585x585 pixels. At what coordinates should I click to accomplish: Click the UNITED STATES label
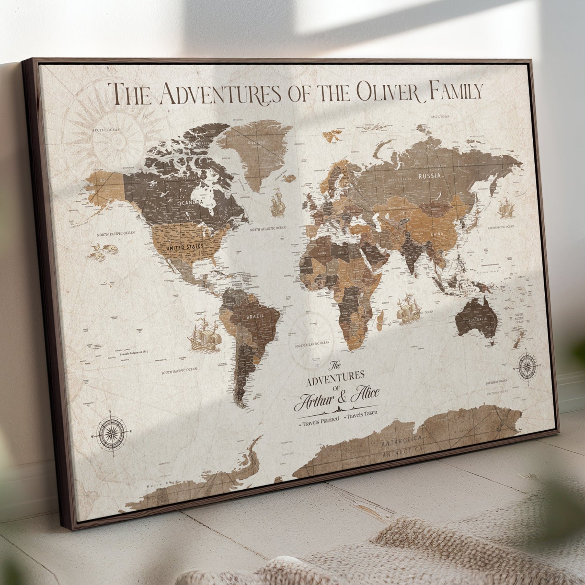click(185, 247)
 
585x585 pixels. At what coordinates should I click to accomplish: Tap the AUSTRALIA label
click(478, 319)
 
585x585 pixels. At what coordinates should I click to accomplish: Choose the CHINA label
click(436, 233)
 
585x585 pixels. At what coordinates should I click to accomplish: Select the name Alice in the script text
click(364, 394)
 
